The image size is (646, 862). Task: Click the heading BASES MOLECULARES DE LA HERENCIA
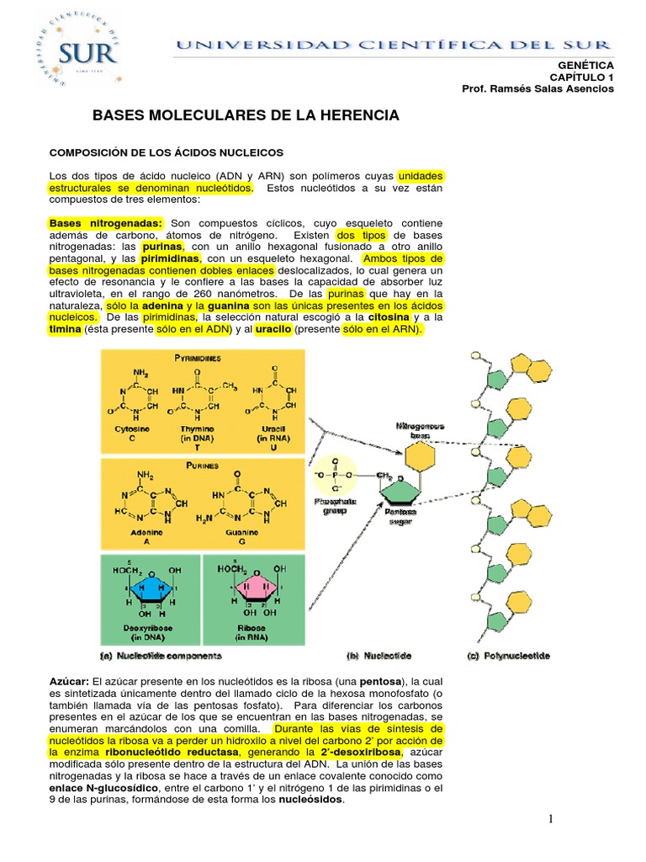pyautogui.click(x=245, y=114)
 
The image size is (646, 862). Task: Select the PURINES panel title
pyautogui.click(x=198, y=465)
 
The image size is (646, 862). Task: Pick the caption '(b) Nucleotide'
pyautogui.click(x=378, y=654)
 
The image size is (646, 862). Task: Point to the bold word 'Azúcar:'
pyautogui.click(x=70, y=679)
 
